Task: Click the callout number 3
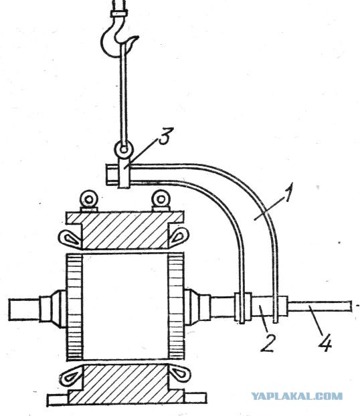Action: (166, 136)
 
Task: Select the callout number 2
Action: (268, 342)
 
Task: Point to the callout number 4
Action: (325, 342)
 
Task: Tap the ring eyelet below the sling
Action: (123, 149)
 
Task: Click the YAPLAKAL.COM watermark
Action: (296, 397)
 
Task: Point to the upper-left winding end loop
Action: (70, 239)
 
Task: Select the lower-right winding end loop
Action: (179, 373)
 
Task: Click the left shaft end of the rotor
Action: (24, 310)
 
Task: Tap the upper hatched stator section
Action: (125, 230)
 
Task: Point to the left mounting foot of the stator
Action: (58, 399)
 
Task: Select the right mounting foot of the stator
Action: (195, 397)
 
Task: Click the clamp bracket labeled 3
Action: (123, 173)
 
